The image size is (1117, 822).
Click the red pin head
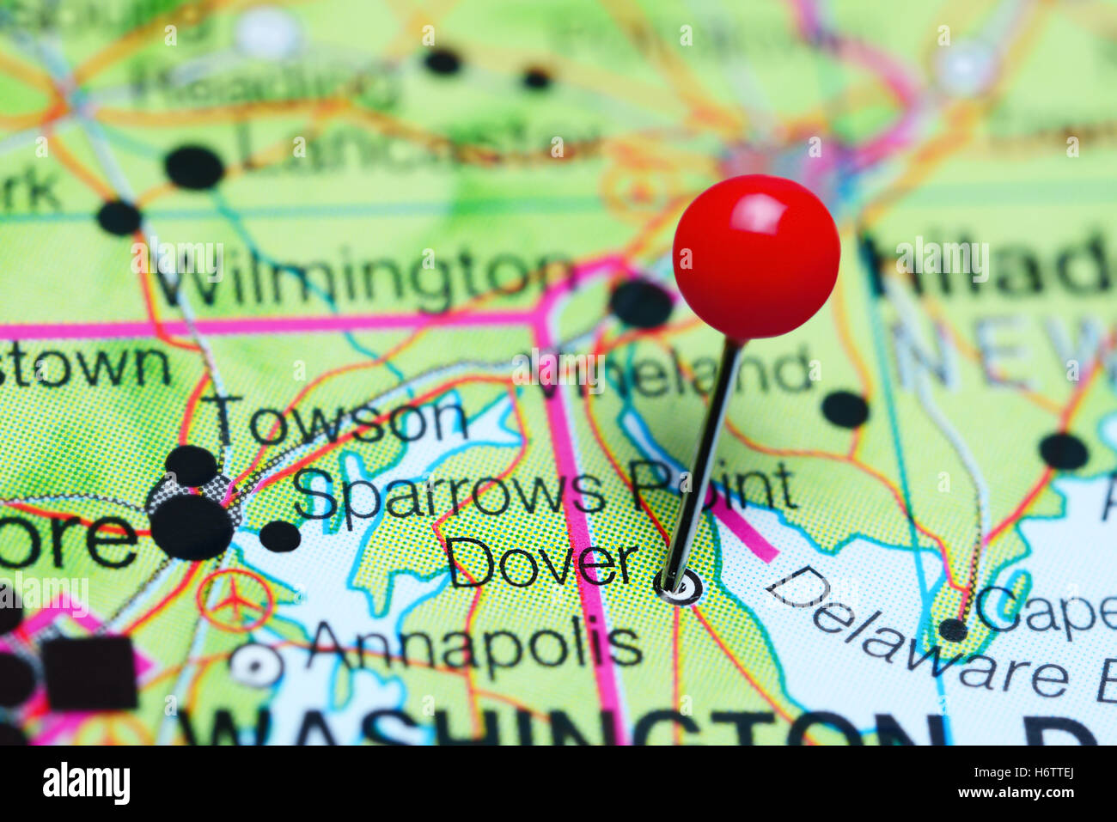pos(756,256)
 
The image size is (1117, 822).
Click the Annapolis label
pos(475,644)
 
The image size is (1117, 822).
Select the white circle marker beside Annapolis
pos(256,665)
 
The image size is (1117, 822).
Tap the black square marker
pos(90,673)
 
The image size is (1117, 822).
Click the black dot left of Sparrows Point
pos(280,536)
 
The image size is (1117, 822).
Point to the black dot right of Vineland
pos(845,409)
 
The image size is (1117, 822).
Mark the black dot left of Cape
pos(953,630)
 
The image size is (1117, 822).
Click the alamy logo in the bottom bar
pos(86,783)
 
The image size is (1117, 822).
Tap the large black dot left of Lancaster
pos(194,167)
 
